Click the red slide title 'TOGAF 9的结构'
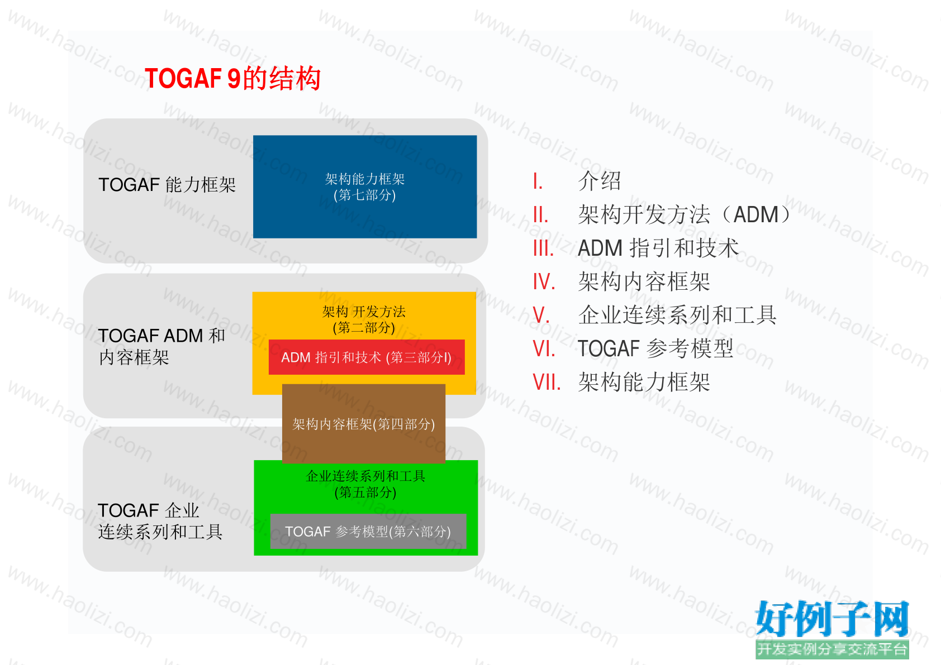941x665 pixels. pyautogui.click(x=232, y=79)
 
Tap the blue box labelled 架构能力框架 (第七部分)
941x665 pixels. pyautogui.click(x=365, y=187)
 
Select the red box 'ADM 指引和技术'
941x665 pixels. pyautogui.click(x=367, y=357)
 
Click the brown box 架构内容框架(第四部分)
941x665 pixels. pyautogui.click(x=363, y=424)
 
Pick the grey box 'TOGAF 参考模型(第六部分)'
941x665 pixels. pyautogui.click(x=368, y=532)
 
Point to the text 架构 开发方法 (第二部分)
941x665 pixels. pyautogui.click(x=364, y=319)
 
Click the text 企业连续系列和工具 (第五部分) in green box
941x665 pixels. pyautogui.click(x=365, y=484)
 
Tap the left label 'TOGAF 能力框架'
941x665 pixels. pyautogui.click(x=167, y=185)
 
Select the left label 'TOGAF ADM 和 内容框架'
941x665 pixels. pyautogui.click(x=161, y=346)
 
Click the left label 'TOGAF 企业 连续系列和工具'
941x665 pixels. pyautogui.click(x=160, y=521)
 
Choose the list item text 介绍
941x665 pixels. pyautogui.click(x=600, y=181)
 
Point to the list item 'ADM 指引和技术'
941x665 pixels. pyautogui.click(x=658, y=248)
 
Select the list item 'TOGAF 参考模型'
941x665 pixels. pyautogui.click(x=655, y=348)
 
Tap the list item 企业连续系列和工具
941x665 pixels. pyautogui.click(x=677, y=315)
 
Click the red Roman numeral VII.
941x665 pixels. pyautogui.click(x=546, y=382)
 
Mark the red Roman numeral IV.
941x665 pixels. pyautogui.click(x=544, y=281)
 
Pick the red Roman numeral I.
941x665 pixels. pyautogui.click(x=538, y=181)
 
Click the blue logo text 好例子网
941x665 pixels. pyautogui.click(x=832, y=619)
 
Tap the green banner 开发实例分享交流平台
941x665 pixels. pyautogui.click(x=832, y=649)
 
